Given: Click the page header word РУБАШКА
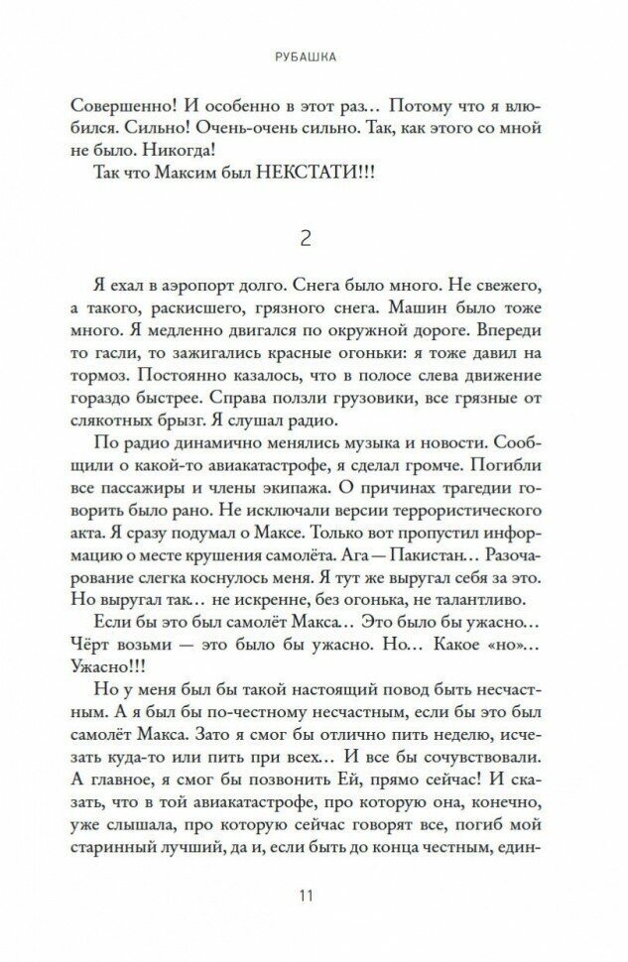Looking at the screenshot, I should (314, 58).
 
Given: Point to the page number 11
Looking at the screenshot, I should (314, 900).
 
